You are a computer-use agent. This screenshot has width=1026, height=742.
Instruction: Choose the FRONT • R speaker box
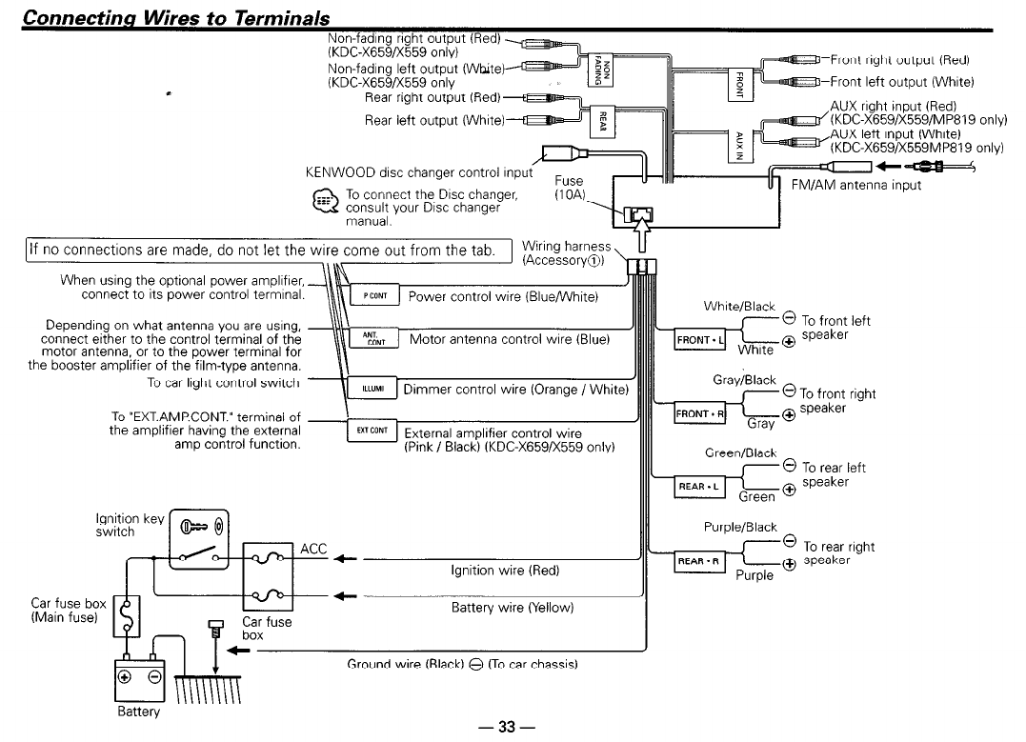point(700,414)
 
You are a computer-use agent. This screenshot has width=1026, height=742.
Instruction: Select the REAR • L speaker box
point(699,487)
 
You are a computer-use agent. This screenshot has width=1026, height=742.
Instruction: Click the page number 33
point(506,727)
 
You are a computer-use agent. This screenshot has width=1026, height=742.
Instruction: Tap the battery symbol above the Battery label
point(141,676)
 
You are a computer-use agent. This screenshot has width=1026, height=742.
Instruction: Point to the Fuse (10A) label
point(569,187)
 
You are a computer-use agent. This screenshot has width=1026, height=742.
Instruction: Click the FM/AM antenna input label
point(856,185)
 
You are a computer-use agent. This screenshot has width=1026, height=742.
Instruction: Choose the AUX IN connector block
point(739,143)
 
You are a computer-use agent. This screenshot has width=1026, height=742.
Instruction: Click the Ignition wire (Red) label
point(504,572)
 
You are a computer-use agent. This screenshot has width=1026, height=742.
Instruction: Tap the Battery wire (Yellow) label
point(512,607)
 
